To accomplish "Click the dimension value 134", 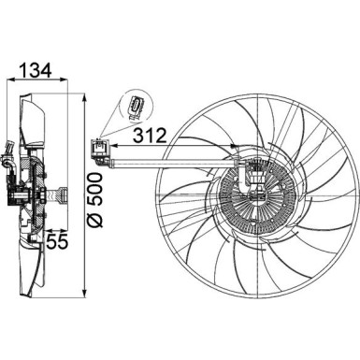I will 33,70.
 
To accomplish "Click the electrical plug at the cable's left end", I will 98,147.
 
